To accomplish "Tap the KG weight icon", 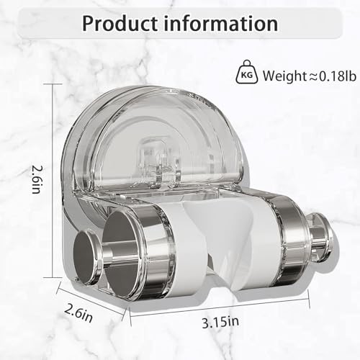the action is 246,72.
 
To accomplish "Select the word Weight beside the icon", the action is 284,76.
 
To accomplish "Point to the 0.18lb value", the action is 338,76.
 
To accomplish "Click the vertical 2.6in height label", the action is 37,179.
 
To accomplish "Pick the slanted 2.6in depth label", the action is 78,313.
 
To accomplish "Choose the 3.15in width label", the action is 220,322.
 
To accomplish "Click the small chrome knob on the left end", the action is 86,257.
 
